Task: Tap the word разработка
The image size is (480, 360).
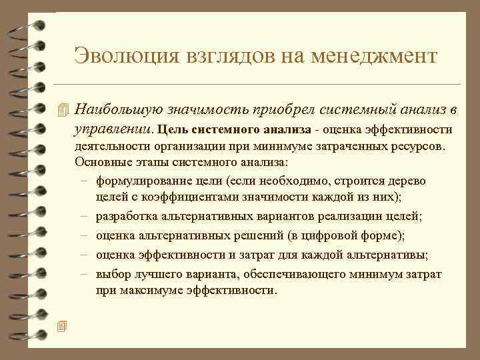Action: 126,217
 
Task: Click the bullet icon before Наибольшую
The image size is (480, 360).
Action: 63,109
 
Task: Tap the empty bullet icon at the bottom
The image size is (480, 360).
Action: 63,325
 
